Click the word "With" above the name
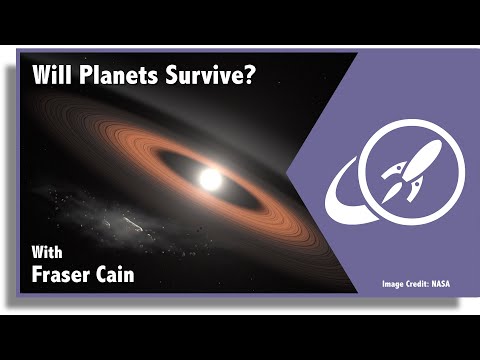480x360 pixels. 49,248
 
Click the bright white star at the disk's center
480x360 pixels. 211,179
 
